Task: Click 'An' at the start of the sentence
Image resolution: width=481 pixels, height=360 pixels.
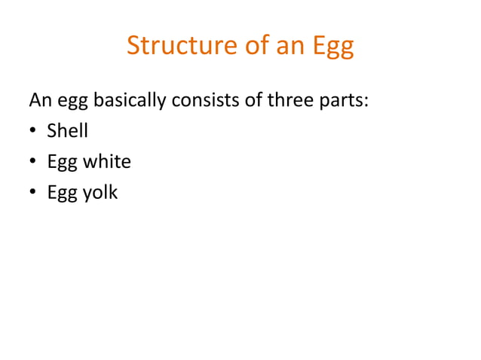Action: tap(38, 99)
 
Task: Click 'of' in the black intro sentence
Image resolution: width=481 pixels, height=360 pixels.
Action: tap(248, 99)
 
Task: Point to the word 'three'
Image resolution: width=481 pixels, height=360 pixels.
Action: tap(284, 99)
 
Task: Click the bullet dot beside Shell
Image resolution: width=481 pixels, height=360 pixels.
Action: tap(34, 132)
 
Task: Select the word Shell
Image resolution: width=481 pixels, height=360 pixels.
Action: tap(67, 130)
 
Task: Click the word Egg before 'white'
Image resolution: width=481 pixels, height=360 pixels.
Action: tap(61, 163)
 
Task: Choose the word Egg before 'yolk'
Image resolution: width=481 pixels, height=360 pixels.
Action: tap(61, 194)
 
